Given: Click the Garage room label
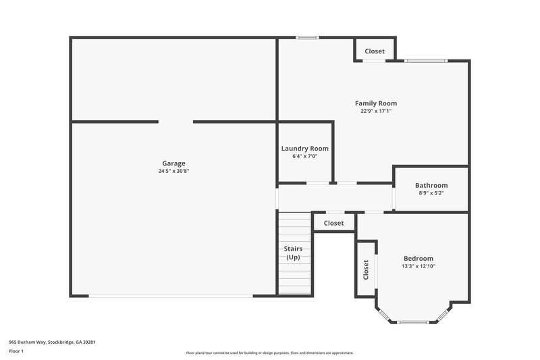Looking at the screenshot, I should click(x=173, y=163).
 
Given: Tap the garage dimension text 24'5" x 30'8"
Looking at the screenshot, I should click(x=173, y=172).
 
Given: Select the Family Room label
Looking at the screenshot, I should click(x=376, y=103).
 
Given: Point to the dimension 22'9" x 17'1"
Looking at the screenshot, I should click(x=376, y=111).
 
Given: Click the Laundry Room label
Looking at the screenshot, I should click(x=305, y=149).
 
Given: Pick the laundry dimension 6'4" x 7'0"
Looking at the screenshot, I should click(x=305, y=157).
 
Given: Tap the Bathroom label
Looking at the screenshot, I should click(x=431, y=186).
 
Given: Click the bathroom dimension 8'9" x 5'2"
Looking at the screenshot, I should click(x=431, y=193).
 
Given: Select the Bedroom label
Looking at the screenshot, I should click(x=418, y=259).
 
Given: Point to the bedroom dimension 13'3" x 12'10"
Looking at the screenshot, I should click(x=418, y=267).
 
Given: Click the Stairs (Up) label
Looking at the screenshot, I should click(x=293, y=253).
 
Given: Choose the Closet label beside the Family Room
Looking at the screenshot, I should click(x=375, y=51).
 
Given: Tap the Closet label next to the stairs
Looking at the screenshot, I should click(x=333, y=223).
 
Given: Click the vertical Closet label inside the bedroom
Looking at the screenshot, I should click(x=366, y=270).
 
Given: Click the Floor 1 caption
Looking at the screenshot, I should click(x=16, y=352).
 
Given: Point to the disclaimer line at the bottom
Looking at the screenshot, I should click(x=270, y=353).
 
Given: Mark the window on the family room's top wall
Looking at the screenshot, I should click(x=307, y=38).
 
